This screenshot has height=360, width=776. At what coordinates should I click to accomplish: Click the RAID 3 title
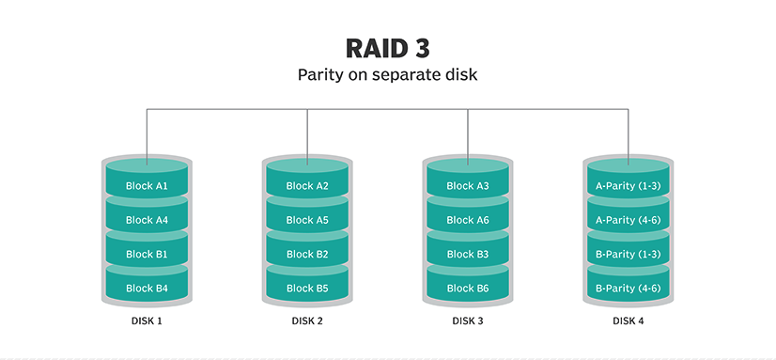coord(387,48)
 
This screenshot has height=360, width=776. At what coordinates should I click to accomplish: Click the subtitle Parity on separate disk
coord(387,75)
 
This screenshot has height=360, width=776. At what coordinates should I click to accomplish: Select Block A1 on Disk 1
coord(147,186)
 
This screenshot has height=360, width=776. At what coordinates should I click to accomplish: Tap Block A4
coord(147,220)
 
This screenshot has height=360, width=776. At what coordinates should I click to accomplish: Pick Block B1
coord(147,254)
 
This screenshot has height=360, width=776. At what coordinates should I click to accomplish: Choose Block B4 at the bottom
coord(147,288)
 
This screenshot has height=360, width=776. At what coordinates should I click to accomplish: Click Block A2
coord(307,186)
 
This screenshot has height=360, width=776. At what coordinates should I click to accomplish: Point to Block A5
coord(307,220)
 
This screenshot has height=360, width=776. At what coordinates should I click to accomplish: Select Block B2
coord(307,254)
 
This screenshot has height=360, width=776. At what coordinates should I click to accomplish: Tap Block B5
coord(307,288)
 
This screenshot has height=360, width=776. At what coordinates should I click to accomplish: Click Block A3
coord(468,186)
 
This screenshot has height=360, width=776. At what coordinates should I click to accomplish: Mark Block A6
coord(468,220)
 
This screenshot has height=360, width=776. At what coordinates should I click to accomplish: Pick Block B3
coord(468,254)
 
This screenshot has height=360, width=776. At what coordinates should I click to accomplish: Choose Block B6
coord(468,288)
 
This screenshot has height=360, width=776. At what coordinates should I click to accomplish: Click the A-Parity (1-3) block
coord(629,186)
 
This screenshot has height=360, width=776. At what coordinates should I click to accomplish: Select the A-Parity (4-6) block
coord(629,220)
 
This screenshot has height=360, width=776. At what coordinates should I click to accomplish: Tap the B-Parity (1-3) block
coord(629,254)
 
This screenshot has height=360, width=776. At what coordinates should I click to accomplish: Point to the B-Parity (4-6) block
coord(629,288)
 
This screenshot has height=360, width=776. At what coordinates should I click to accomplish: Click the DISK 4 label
coord(629,321)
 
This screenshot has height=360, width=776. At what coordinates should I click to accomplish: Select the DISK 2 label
coord(307,321)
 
